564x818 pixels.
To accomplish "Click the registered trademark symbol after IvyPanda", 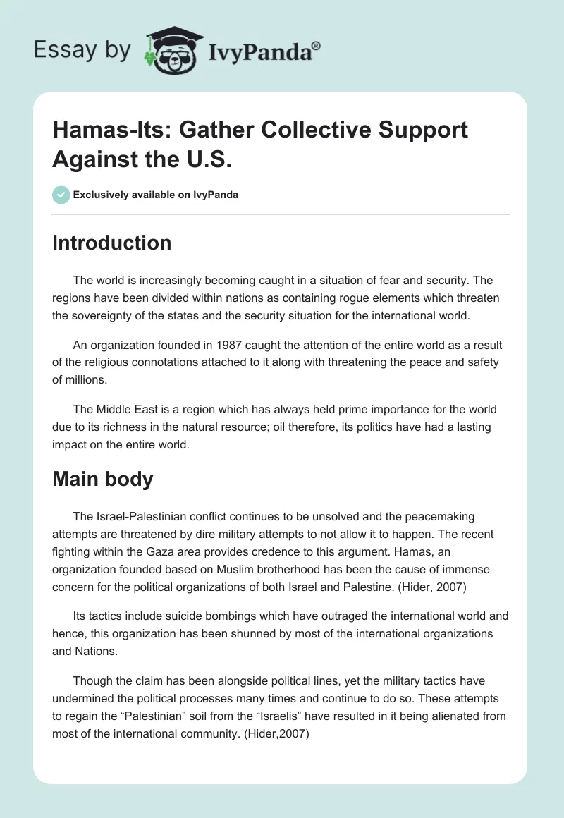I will pyautogui.click(x=317, y=44).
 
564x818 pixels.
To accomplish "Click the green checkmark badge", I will pyautogui.click(x=61, y=195).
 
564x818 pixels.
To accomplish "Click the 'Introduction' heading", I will pyautogui.click(x=111, y=243).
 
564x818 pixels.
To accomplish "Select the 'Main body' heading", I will pyautogui.click(x=102, y=479).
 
